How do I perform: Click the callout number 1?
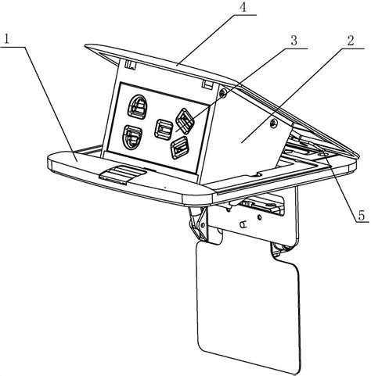click(6, 39)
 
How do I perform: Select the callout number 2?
click(350, 41)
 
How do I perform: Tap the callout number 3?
click(294, 41)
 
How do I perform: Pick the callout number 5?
click(362, 216)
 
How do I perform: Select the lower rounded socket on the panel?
click(133, 138)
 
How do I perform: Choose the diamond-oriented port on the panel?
click(185, 120)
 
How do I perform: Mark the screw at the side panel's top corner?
click(223, 93)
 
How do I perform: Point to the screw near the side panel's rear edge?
click(273, 124)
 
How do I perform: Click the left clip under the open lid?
click(130, 65)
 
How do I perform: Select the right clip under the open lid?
click(207, 84)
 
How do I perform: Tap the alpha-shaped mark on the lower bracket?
click(244, 224)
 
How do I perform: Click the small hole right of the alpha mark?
click(259, 217)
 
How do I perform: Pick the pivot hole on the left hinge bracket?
click(202, 224)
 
